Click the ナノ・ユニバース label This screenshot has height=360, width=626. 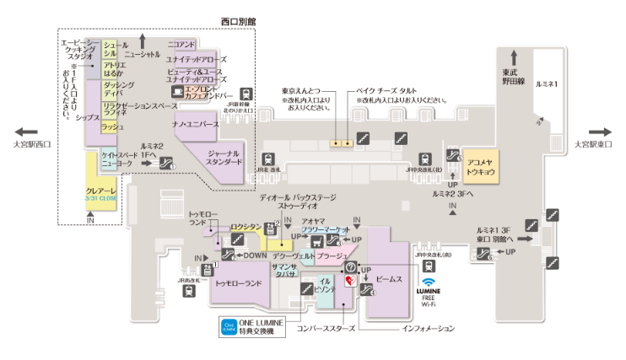click(196, 125)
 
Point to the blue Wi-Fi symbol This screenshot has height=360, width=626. click(429, 282)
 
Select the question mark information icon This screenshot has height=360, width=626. click(351, 267)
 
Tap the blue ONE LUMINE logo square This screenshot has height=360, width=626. click(228, 326)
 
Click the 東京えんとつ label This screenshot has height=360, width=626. click(302, 91)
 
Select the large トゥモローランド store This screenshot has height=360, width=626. click(239, 284)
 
